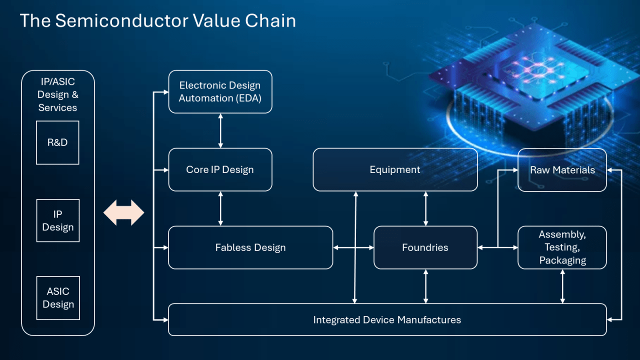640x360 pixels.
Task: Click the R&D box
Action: coord(57,142)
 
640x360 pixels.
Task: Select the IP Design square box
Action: coord(57,220)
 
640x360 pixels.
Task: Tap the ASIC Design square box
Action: coord(57,298)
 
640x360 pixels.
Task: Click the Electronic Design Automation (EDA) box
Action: coord(220,92)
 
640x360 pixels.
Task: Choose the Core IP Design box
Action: coord(220,169)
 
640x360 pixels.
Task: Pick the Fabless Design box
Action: coord(250,247)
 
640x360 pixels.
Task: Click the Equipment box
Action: coord(395,169)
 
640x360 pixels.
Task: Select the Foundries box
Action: coord(425,247)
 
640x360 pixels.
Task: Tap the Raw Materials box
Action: coord(562,170)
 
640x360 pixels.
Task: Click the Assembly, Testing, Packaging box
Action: coord(562,247)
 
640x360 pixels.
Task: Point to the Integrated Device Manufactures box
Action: coord(387,319)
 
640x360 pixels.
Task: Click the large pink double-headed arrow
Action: coord(123,213)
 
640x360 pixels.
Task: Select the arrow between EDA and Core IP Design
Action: coord(220,131)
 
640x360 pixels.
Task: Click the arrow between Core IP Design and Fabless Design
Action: coord(220,208)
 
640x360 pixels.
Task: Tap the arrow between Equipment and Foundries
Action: coord(425,208)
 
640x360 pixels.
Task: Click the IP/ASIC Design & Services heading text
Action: coord(58,94)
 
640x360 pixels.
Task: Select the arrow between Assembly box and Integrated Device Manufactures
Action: coord(562,286)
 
